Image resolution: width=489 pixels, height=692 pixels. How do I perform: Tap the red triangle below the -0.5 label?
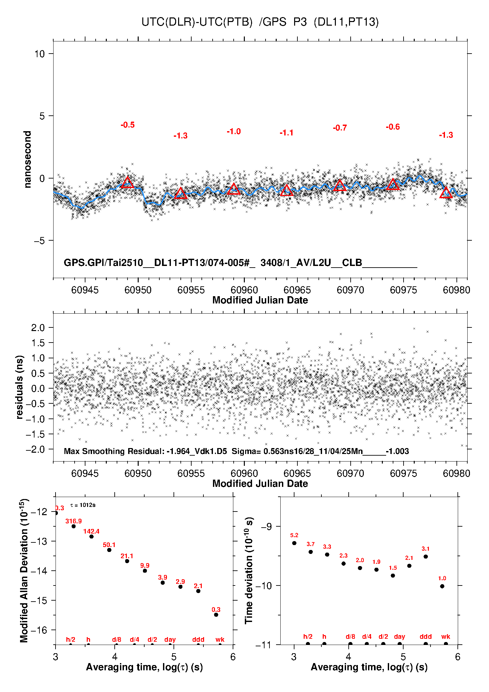coord(128,182)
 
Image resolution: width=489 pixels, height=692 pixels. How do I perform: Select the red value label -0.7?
coord(340,128)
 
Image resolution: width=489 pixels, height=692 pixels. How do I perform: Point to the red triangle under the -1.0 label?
coord(234,189)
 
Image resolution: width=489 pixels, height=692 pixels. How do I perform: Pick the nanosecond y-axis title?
coord(27,159)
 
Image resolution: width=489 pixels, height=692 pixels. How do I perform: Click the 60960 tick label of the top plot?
coord(244,290)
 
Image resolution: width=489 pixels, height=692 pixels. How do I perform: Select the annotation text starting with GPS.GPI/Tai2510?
coord(240,263)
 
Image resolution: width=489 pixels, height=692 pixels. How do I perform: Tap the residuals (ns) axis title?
coord(20,387)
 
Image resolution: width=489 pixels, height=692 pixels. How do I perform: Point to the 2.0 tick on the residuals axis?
coord(38,327)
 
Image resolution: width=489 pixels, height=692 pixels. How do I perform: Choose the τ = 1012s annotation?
coord(83,505)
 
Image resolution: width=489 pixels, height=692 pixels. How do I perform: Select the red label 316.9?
coord(73,521)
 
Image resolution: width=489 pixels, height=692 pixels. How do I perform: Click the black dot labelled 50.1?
coord(109,550)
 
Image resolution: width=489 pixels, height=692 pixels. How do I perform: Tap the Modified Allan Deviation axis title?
coord(24,570)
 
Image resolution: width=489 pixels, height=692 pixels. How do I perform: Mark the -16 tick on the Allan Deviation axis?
coord(39,630)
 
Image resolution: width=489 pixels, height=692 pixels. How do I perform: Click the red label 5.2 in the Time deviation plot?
coord(294,535)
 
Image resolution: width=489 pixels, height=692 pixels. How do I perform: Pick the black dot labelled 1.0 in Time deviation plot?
coord(442,586)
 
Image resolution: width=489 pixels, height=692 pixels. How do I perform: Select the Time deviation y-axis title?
coord(249,570)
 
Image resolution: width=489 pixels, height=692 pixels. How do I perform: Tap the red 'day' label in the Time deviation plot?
coord(399,637)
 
